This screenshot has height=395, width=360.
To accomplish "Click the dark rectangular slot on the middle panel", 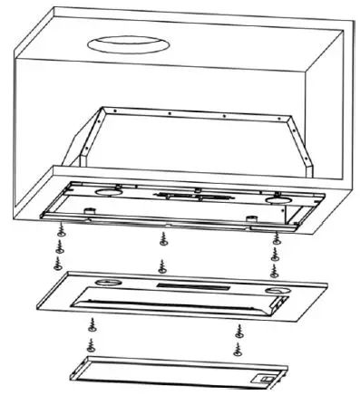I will pyautogui.click(x=181, y=286).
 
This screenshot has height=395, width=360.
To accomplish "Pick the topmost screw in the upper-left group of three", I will pyautogui.click(x=60, y=231).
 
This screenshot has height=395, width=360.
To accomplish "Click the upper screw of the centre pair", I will pyautogui.click(x=163, y=240).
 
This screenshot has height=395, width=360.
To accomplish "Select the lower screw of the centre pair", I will pyautogui.click(x=162, y=265).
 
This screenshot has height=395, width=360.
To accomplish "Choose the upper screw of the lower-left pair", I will pyautogui.click(x=91, y=323).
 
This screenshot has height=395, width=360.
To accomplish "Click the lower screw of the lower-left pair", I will pyautogui.click(x=90, y=345).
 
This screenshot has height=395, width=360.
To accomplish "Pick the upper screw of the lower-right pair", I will pyautogui.click(x=238, y=328).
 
